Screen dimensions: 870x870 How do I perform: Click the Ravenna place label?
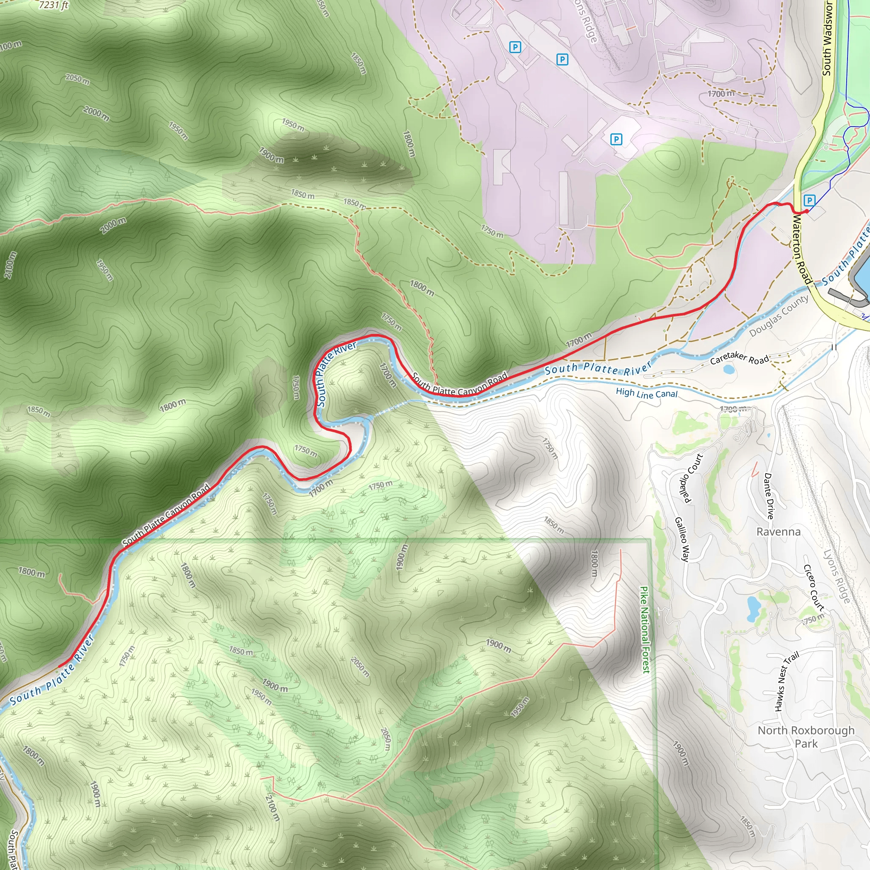[779, 532]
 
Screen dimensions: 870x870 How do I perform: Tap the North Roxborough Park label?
[805, 737]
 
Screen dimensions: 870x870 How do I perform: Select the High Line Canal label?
[646, 393]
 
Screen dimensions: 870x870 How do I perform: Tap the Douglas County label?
[779, 316]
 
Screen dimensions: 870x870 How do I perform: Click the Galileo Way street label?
[682, 540]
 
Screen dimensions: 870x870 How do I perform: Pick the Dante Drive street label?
[769, 496]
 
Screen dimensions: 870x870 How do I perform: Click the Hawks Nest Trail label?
[786, 681]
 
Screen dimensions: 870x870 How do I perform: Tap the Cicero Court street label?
[814, 587]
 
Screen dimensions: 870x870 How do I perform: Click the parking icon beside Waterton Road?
[809, 201]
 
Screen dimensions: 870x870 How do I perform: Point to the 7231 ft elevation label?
[53, 5]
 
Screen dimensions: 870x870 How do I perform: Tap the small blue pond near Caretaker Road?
[728, 370]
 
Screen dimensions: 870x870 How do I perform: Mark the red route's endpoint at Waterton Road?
[806, 210]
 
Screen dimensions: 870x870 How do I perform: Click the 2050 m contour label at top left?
[77, 79]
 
